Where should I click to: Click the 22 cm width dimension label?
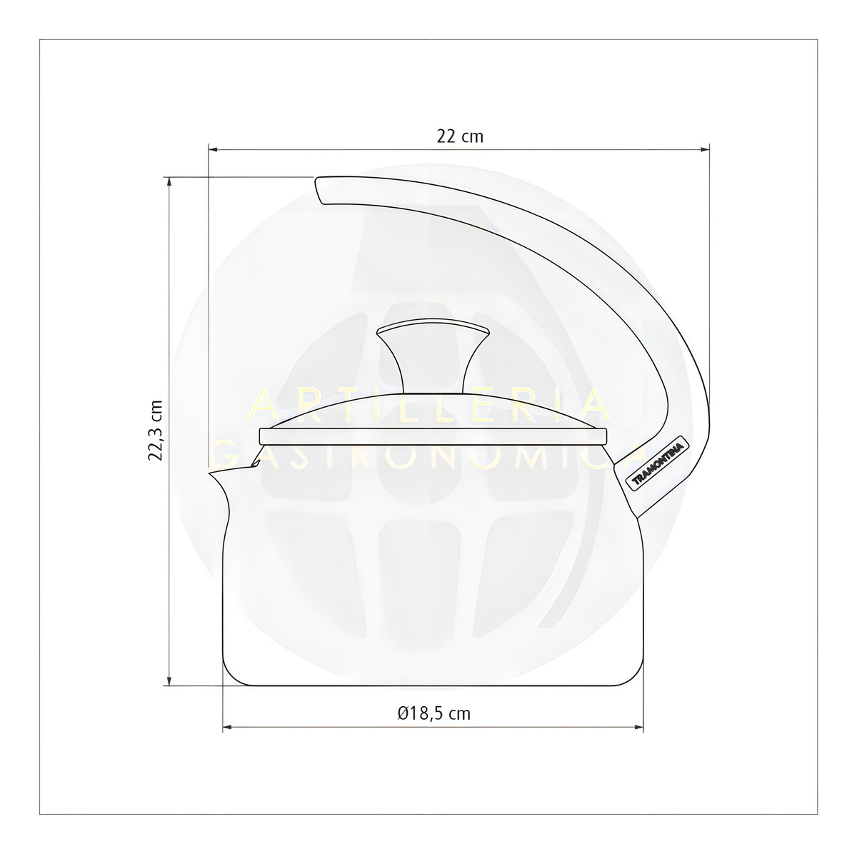coord(460,136)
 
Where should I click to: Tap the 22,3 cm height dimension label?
coord(156,431)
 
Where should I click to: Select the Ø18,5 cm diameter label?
coord(434,713)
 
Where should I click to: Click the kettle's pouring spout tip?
coord(211,471)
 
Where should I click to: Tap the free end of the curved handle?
coord(321,189)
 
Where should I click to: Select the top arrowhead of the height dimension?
coord(169,181)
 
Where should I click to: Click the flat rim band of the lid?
coord(433,436)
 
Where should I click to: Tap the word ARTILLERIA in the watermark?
coord(431,407)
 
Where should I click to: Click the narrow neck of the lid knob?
coord(433,371)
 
